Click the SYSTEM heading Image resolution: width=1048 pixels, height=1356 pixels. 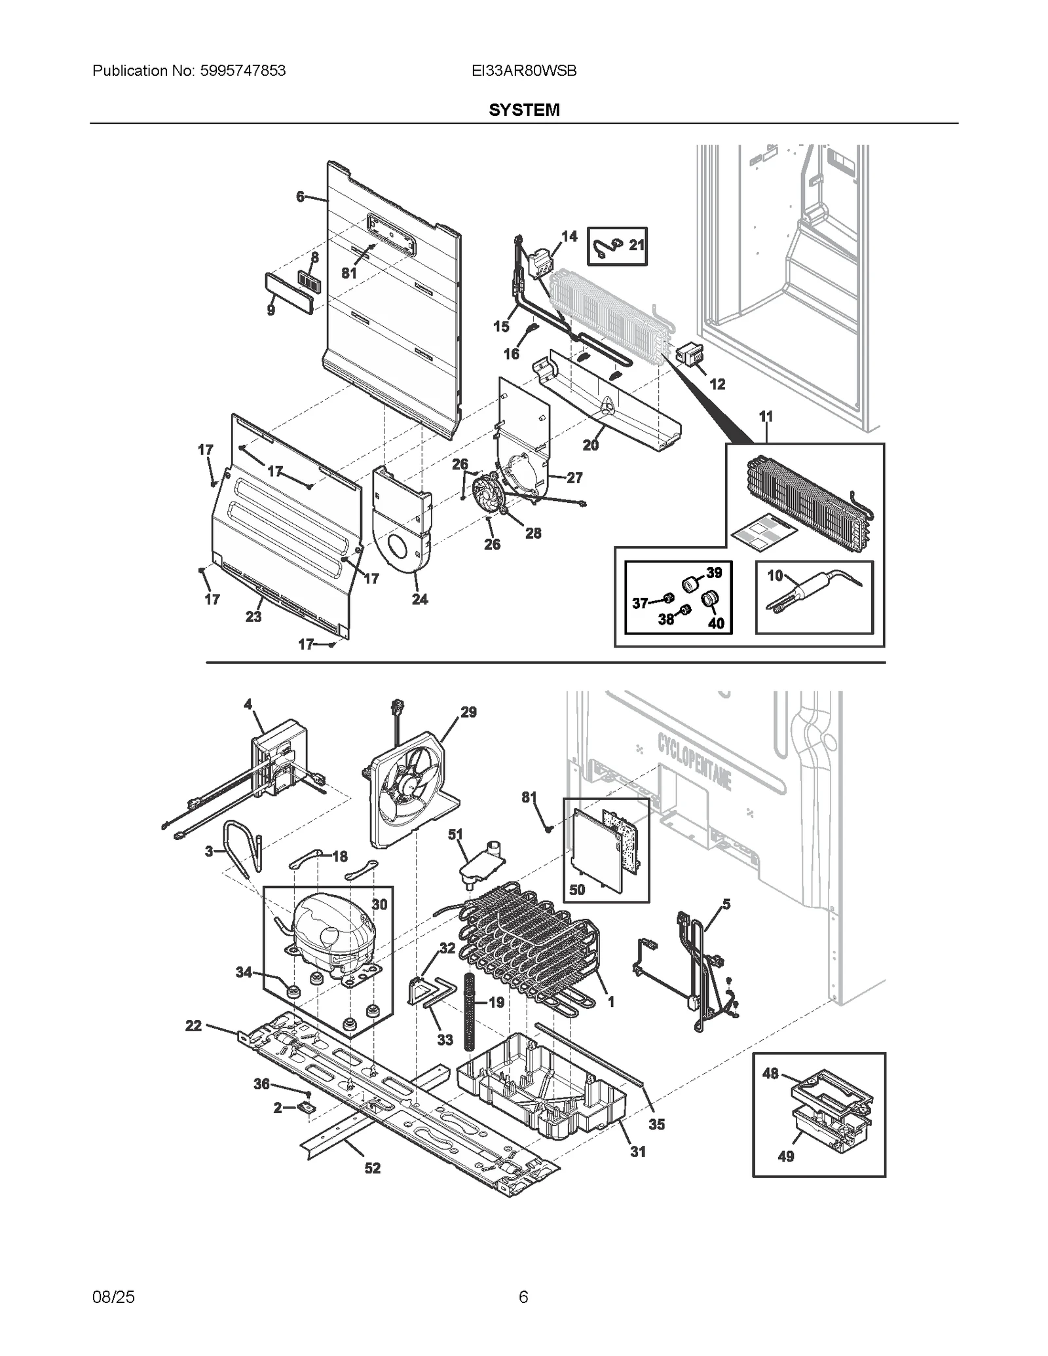tap(524, 110)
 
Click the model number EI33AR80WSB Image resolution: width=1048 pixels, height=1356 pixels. tap(524, 71)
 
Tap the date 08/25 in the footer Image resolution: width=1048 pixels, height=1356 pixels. tap(114, 1296)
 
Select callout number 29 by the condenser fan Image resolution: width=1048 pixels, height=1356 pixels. tap(468, 712)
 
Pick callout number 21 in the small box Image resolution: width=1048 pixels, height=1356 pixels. tap(637, 245)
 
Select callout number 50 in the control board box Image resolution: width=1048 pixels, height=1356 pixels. tap(577, 889)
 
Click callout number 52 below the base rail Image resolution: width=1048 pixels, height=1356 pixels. tap(372, 1168)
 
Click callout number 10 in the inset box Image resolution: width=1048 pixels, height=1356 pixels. tap(775, 575)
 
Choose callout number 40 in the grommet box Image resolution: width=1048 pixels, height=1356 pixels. tap(716, 623)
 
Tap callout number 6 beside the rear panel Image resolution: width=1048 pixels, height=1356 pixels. tap(301, 196)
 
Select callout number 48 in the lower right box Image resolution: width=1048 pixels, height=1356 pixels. tap(770, 1073)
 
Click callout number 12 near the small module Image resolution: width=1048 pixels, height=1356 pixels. tap(717, 384)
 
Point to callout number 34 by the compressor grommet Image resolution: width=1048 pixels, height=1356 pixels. tap(244, 972)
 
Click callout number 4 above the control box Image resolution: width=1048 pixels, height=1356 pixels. tap(248, 704)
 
